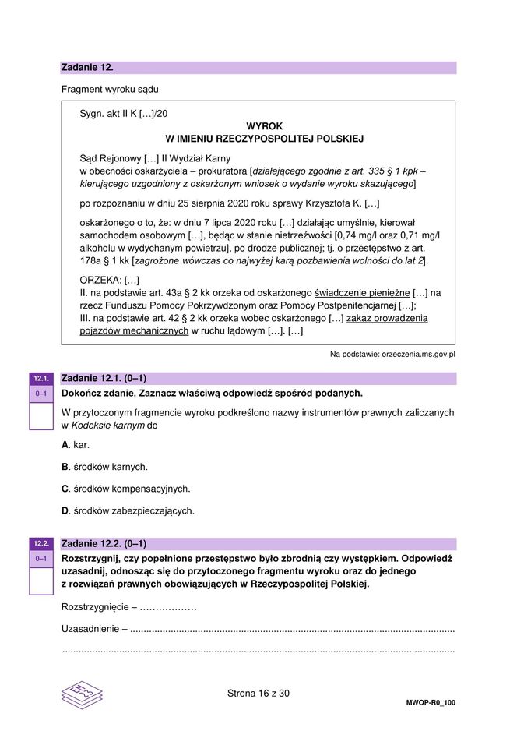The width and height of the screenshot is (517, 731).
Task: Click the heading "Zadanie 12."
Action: pyautogui.click(x=87, y=68)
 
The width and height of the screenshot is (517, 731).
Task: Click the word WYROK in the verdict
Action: pyautogui.click(x=264, y=125)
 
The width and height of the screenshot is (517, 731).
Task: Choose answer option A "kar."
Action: pyautogui.click(x=76, y=445)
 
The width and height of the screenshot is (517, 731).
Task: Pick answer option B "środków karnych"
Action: pyautogui.click(x=104, y=467)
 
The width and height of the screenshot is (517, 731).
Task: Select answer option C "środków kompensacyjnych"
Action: pyautogui.click(x=125, y=489)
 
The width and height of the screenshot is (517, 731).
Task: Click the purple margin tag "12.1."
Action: pyautogui.click(x=40, y=380)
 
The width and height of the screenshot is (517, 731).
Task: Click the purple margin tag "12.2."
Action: pyautogui.click(x=40, y=543)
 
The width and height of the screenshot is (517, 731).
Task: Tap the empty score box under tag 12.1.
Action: pyautogui.click(x=40, y=416)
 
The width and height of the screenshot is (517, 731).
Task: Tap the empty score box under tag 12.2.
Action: pyautogui.click(x=40, y=581)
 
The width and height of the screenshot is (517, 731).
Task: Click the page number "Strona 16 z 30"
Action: pyautogui.click(x=258, y=692)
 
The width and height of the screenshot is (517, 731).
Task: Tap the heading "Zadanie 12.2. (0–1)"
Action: pyautogui.click(x=104, y=543)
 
